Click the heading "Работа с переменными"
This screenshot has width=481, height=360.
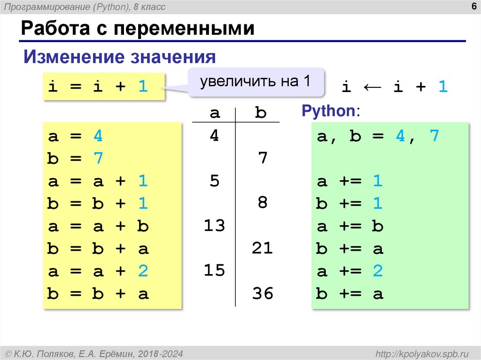[x=137, y=29]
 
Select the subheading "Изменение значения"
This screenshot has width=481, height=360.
[x=120, y=57]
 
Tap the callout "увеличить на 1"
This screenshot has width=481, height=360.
[x=256, y=82]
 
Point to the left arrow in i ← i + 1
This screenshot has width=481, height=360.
[x=372, y=87]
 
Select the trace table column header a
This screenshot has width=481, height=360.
[x=215, y=113]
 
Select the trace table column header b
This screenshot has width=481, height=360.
[x=261, y=113]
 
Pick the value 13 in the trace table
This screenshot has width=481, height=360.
[x=214, y=226]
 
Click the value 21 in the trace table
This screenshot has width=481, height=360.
[x=262, y=248]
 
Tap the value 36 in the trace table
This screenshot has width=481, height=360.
[x=262, y=294]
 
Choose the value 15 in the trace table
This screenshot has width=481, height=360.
[x=214, y=271]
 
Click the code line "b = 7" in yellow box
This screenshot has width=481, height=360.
[x=75, y=159]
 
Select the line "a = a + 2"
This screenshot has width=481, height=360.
[x=98, y=271]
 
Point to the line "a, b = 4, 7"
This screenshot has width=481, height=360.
[x=378, y=136]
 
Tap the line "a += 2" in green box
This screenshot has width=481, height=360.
[x=350, y=272]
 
